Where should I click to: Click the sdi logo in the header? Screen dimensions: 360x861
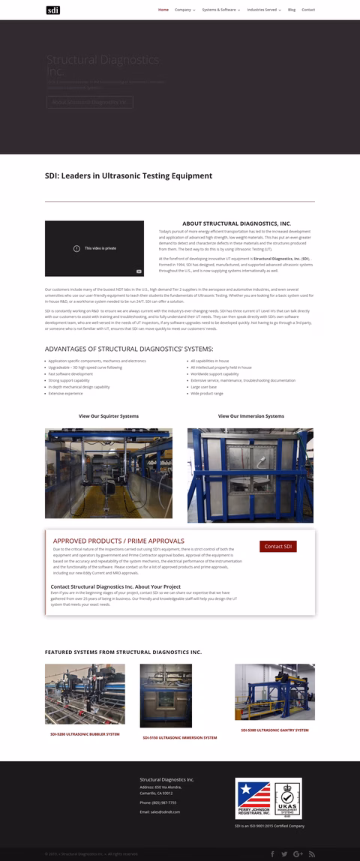coord(52,10)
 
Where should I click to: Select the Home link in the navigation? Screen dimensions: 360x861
coord(163,10)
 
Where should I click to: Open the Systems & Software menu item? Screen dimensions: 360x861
coord(220,10)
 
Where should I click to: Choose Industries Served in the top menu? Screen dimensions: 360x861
coord(263,10)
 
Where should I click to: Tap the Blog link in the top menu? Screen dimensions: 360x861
coord(292,10)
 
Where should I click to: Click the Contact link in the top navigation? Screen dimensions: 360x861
coord(308,10)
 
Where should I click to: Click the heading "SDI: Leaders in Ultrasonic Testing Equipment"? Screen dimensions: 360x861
coord(128,175)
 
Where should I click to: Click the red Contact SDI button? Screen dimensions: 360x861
coord(278,547)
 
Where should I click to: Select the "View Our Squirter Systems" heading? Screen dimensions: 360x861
coord(109,415)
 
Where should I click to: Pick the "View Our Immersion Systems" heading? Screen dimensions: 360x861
coord(250,415)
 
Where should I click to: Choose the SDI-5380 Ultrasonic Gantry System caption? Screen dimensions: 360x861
coord(274,730)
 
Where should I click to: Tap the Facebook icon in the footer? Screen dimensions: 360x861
coord(271,854)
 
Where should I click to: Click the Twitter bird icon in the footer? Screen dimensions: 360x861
coord(284,854)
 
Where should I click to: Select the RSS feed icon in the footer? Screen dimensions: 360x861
coord(311,854)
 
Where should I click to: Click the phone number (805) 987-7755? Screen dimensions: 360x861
coord(157,802)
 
